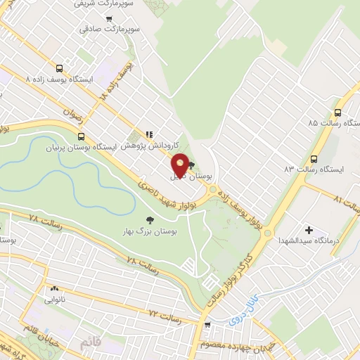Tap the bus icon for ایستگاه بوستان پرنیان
click(82, 137)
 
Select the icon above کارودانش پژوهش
click(148, 134)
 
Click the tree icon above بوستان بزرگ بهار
click(153, 219)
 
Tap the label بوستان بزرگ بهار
click(153, 231)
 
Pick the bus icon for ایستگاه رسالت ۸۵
click(338, 111)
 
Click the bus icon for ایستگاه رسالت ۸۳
click(314, 158)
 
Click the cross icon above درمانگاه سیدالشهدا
click(309, 229)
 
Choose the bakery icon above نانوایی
click(54, 288)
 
